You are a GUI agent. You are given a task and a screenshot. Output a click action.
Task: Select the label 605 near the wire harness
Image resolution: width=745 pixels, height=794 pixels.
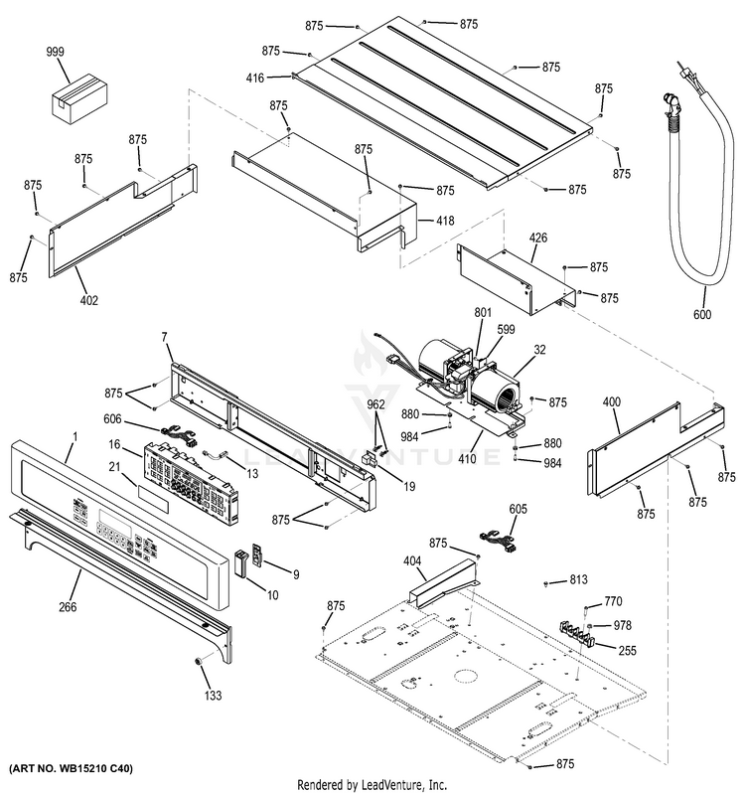pos(519,509)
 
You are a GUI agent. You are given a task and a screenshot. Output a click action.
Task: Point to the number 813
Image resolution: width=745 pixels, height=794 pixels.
pos(578,578)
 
